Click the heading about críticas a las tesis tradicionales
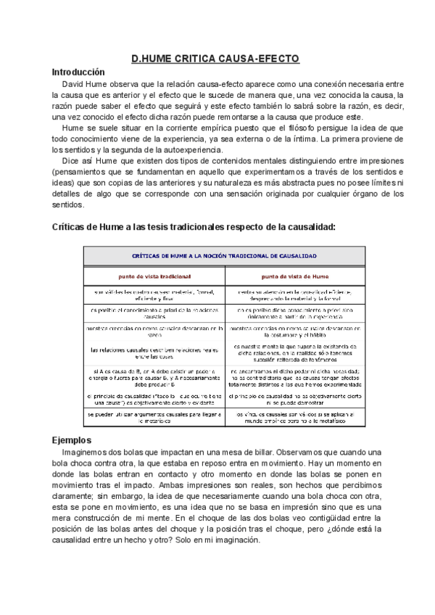(x=194, y=227)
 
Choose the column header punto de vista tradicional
(x=154, y=276)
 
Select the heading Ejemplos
(x=72, y=440)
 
